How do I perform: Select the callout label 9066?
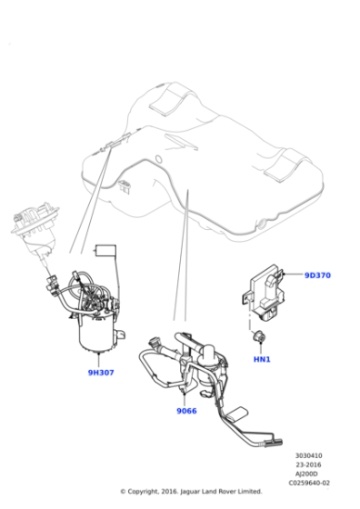click(x=187, y=410)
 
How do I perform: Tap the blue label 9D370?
click(x=317, y=274)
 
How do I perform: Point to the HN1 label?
click(x=262, y=358)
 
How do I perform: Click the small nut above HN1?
click(x=259, y=338)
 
